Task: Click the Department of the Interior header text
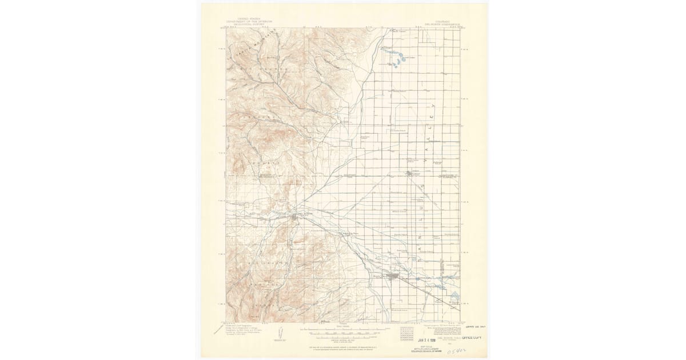tap(248, 22)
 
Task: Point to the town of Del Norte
tap(295, 215)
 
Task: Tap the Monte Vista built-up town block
tap(393, 277)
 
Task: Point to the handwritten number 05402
tap(457, 347)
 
